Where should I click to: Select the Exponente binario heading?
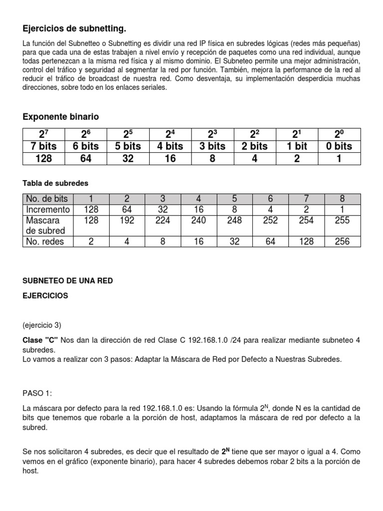61,117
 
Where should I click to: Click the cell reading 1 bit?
297,146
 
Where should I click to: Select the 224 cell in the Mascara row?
163,220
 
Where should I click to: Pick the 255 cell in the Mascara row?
342,220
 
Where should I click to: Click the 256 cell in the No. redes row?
342,242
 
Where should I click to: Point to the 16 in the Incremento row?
199,210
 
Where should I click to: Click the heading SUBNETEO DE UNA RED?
68,281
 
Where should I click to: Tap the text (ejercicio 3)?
42,325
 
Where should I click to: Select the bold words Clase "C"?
40,340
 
